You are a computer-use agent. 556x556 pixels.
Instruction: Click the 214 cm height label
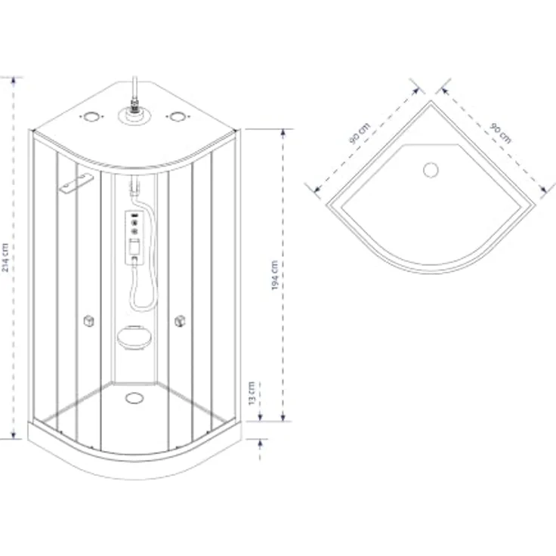(5, 258)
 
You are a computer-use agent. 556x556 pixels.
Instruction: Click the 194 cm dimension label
(275, 276)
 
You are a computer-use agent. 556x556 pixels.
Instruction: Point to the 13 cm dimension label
(252, 394)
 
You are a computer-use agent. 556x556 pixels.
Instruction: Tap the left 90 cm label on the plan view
(359, 133)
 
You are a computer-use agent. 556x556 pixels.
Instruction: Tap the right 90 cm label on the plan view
(500, 133)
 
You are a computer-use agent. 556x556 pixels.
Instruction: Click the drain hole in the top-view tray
(431, 170)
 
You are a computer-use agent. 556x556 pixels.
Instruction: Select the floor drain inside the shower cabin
(134, 398)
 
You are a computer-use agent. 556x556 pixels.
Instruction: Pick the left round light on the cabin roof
(91, 116)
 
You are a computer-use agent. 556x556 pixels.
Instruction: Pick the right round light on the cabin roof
(178, 116)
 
